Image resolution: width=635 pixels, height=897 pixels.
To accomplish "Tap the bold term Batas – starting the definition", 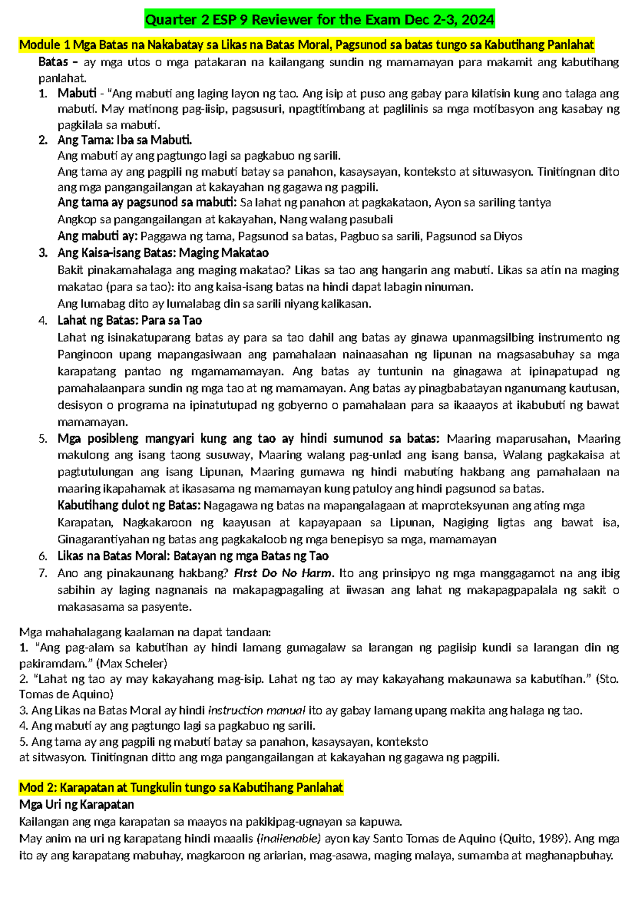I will [58, 62].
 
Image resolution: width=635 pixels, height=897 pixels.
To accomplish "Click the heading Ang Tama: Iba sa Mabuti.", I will [124, 140].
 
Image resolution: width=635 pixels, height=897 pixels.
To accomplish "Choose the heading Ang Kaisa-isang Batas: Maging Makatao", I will [163, 253].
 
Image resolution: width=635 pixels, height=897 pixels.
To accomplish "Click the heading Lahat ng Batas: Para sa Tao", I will [130, 321].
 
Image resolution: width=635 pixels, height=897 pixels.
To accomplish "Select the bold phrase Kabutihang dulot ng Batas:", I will [129, 506].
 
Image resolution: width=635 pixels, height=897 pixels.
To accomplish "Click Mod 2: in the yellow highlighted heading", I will [38, 788].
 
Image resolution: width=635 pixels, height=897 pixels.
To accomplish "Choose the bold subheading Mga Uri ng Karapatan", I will [76, 805].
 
